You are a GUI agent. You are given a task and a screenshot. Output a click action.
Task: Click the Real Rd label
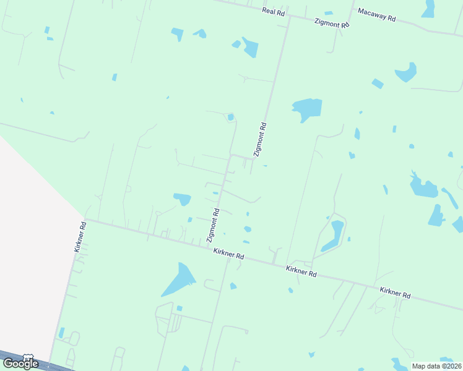pos(272,11)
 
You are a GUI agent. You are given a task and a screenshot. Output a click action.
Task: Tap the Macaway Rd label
pos(376,15)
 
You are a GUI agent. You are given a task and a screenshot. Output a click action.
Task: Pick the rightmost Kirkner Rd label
pos(396,293)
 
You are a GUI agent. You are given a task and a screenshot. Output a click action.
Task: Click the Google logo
pos(20,364)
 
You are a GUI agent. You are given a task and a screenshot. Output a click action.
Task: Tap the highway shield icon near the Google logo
pos(28,357)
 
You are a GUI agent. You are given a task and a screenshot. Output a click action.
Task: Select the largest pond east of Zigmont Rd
pos(307,109)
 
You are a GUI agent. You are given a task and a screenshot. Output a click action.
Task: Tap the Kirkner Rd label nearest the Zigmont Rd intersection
pos(228,254)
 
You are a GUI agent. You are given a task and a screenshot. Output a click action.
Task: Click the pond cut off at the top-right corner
pos(428,9)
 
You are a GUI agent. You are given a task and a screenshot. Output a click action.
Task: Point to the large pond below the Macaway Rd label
pos(407,73)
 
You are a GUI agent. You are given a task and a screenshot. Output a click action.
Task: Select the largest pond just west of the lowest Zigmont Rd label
pos(183,199)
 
